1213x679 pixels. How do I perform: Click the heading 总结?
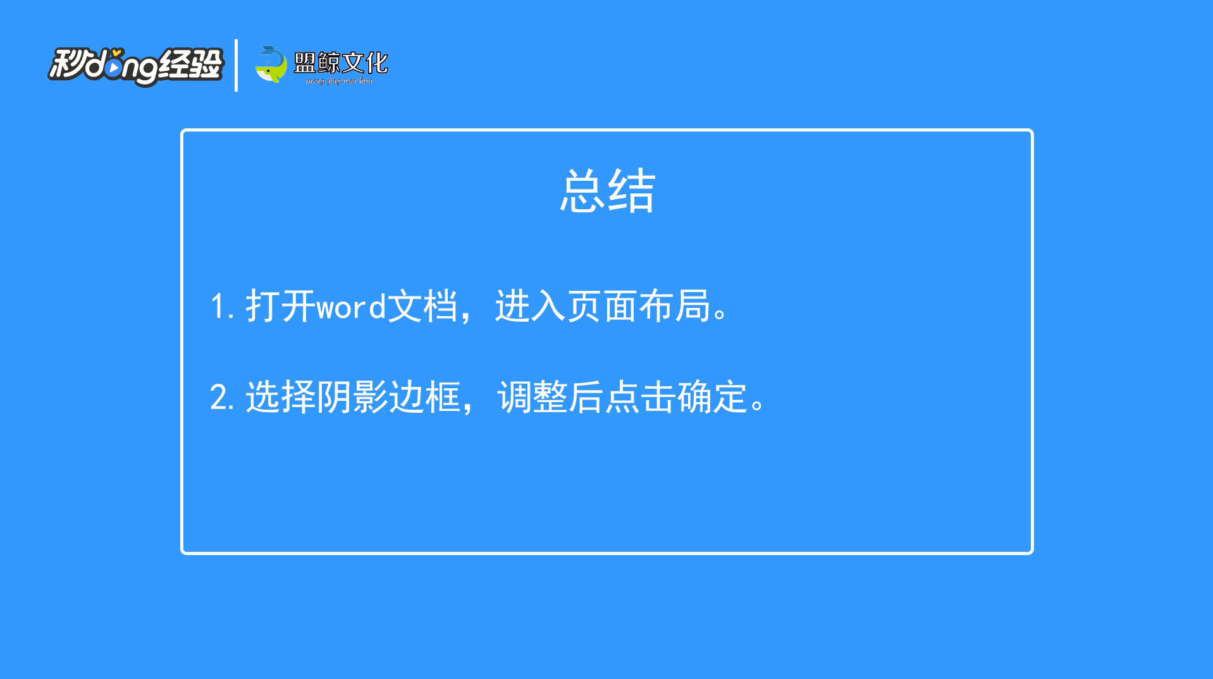pyautogui.click(x=607, y=190)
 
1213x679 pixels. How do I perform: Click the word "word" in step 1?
pyautogui.click(x=351, y=308)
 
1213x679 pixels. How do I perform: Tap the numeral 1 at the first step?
pyautogui.click(x=217, y=307)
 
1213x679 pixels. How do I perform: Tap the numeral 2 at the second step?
pyautogui.click(x=219, y=398)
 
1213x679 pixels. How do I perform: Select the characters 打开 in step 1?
pyautogui.click(x=281, y=307)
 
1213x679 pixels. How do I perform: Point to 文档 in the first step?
pyautogui.click(x=422, y=307)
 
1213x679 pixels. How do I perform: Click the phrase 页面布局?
pyautogui.click(x=639, y=307)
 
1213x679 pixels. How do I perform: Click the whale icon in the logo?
pyautogui.click(x=271, y=64)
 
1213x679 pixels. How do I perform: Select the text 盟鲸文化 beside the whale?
pyautogui.click(x=341, y=62)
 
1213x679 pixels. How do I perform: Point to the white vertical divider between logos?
pyautogui.click(x=236, y=65)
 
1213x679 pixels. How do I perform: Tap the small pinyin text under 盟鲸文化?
pyautogui.click(x=340, y=81)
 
